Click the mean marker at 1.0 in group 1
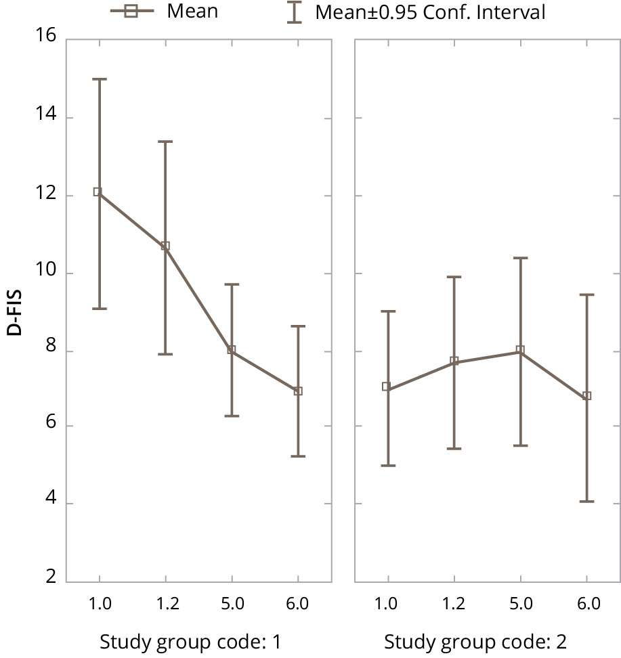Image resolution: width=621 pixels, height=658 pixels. pyautogui.click(x=98, y=192)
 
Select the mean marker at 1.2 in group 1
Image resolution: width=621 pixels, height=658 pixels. pyautogui.click(x=165, y=246)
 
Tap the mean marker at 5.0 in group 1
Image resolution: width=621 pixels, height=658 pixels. pyautogui.click(x=232, y=350)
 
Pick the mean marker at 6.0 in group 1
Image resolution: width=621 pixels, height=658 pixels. pyautogui.click(x=298, y=391)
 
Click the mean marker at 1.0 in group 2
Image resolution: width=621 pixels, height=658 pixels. pyautogui.click(x=387, y=387)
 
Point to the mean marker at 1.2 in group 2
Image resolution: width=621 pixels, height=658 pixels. pyautogui.click(x=454, y=361)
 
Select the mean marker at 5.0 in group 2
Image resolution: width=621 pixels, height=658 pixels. pyautogui.click(x=520, y=350)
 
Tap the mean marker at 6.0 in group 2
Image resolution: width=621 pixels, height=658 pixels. pyautogui.click(x=587, y=396)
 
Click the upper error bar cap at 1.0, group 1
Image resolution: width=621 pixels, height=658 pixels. pyautogui.click(x=100, y=79)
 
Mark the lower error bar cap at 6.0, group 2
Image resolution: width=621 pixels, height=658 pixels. pyautogui.click(x=587, y=502)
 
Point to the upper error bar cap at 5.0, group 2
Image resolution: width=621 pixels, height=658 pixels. pyautogui.click(x=520, y=258)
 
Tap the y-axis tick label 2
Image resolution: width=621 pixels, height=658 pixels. pyautogui.click(x=51, y=578)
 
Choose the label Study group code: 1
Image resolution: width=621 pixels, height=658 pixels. pyautogui.click(x=190, y=641)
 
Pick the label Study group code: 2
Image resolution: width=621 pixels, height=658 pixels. pyautogui.click(x=475, y=641)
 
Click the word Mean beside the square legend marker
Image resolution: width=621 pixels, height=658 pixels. pyautogui.click(x=193, y=12)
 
